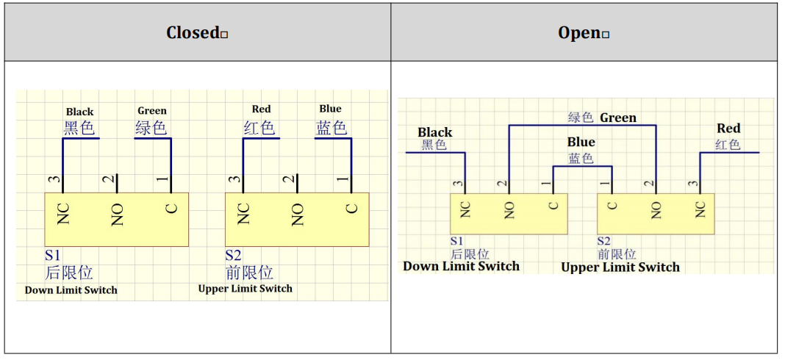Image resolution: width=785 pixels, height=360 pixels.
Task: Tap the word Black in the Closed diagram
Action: [79, 112]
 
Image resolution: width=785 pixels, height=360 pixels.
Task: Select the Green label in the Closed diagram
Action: [152, 111]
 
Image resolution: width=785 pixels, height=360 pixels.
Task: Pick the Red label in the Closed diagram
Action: [261, 109]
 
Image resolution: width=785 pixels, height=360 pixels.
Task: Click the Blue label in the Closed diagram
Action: [330, 109]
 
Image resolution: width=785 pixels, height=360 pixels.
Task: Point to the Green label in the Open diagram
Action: [618, 118]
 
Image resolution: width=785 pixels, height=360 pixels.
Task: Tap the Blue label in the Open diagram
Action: [581, 142]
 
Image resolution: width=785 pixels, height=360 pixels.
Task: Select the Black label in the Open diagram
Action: [435, 132]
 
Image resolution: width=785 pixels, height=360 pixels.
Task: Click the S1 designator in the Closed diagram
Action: [53, 256]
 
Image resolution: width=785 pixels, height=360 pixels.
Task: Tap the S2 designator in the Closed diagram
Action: [233, 256]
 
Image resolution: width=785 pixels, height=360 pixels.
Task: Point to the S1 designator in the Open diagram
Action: [457, 241]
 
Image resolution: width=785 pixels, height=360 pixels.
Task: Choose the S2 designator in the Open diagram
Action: [603, 241]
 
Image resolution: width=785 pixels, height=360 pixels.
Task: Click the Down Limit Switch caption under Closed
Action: [71, 290]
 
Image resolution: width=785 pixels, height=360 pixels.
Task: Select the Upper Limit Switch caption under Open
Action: [620, 267]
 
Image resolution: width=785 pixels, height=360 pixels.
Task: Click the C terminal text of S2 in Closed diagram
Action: [352, 209]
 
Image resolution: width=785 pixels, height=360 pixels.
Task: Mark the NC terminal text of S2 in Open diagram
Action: [700, 210]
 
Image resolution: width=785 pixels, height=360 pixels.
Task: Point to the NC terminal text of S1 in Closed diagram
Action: [63, 215]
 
